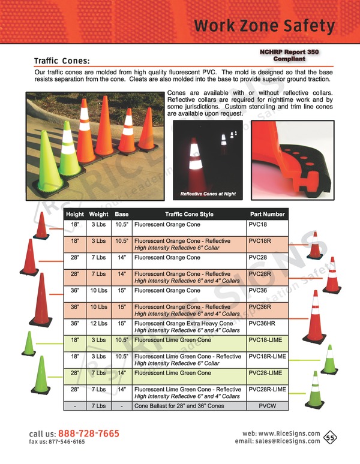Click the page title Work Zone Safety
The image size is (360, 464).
pyautogui.click(x=265, y=26)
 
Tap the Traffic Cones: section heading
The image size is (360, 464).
pyautogui.click(x=62, y=61)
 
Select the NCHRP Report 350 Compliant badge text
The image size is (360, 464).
pyautogui.click(x=289, y=55)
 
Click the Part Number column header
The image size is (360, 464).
pyautogui.click(x=268, y=214)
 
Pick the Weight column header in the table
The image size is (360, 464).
pyautogui.click(x=98, y=214)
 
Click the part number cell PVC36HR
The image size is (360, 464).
pyautogui.click(x=262, y=324)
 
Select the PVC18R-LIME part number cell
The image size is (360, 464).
pyautogui.click(x=268, y=356)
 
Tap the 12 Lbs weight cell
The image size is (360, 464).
pyautogui.click(x=98, y=324)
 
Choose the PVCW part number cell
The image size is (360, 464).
pyautogui.click(x=268, y=406)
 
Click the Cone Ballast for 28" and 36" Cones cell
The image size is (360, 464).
pyautogui.click(x=179, y=406)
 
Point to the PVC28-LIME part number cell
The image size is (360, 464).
pyautogui.click(x=265, y=373)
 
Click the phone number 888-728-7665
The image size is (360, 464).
pyautogui.click(x=89, y=433)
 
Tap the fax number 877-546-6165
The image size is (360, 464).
pyautogui.click(x=67, y=442)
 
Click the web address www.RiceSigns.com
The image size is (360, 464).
pyautogui.click(x=289, y=433)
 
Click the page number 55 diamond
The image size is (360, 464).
pyautogui.click(x=330, y=438)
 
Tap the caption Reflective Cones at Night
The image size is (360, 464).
pyautogui.click(x=208, y=194)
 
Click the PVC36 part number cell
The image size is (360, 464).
pyautogui.click(x=257, y=290)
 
